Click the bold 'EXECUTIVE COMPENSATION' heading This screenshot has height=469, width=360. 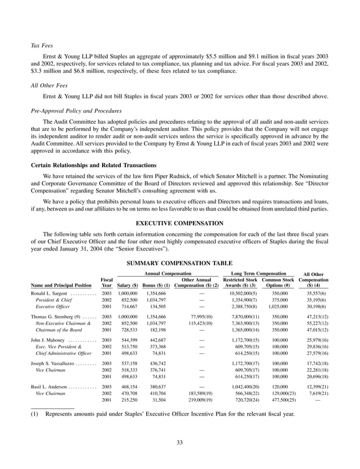[x=180, y=223]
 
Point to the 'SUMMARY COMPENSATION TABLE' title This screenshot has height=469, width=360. [x=180, y=263]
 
